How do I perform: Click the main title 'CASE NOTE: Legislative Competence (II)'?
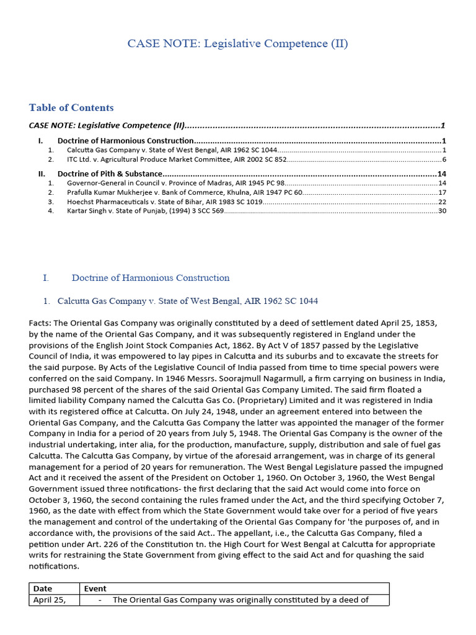pos(237,43)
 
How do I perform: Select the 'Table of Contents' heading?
pos(71,108)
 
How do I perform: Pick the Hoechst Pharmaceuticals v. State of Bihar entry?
pos(164,202)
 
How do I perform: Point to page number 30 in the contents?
pos(442,211)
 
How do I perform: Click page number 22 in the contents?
pos(442,202)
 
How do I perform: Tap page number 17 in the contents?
pos(442,192)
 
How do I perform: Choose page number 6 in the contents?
pos(444,159)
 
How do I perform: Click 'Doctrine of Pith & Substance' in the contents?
pos(110,174)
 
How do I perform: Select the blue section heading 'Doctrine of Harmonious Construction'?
pos(151,278)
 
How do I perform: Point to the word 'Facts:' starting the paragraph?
pos(40,323)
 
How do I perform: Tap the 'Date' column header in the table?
pos(43,588)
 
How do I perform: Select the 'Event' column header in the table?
pos(95,588)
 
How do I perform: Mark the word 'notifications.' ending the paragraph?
pos(55,566)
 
